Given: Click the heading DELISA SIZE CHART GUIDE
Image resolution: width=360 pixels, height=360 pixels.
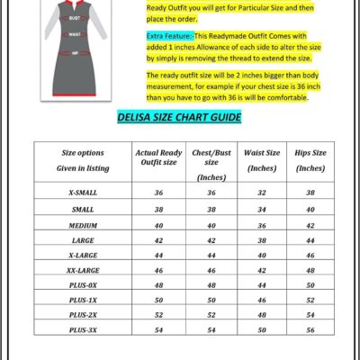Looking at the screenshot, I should tap(179, 118).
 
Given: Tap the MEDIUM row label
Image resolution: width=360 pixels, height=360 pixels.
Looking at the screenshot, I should tap(82, 225).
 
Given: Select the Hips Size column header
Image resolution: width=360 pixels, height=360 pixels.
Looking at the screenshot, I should tap(310, 160).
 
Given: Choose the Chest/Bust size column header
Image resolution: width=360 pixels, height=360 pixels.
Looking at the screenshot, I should tap(211, 164).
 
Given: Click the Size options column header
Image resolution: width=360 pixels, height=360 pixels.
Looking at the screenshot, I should tap(82, 159).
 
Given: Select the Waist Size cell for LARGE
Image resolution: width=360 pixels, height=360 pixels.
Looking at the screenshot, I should tap(262, 240).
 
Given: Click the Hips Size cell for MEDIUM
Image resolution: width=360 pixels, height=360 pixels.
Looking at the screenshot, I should tap(310, 225).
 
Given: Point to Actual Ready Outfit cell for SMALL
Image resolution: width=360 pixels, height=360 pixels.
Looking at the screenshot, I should tap(158, 209).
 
